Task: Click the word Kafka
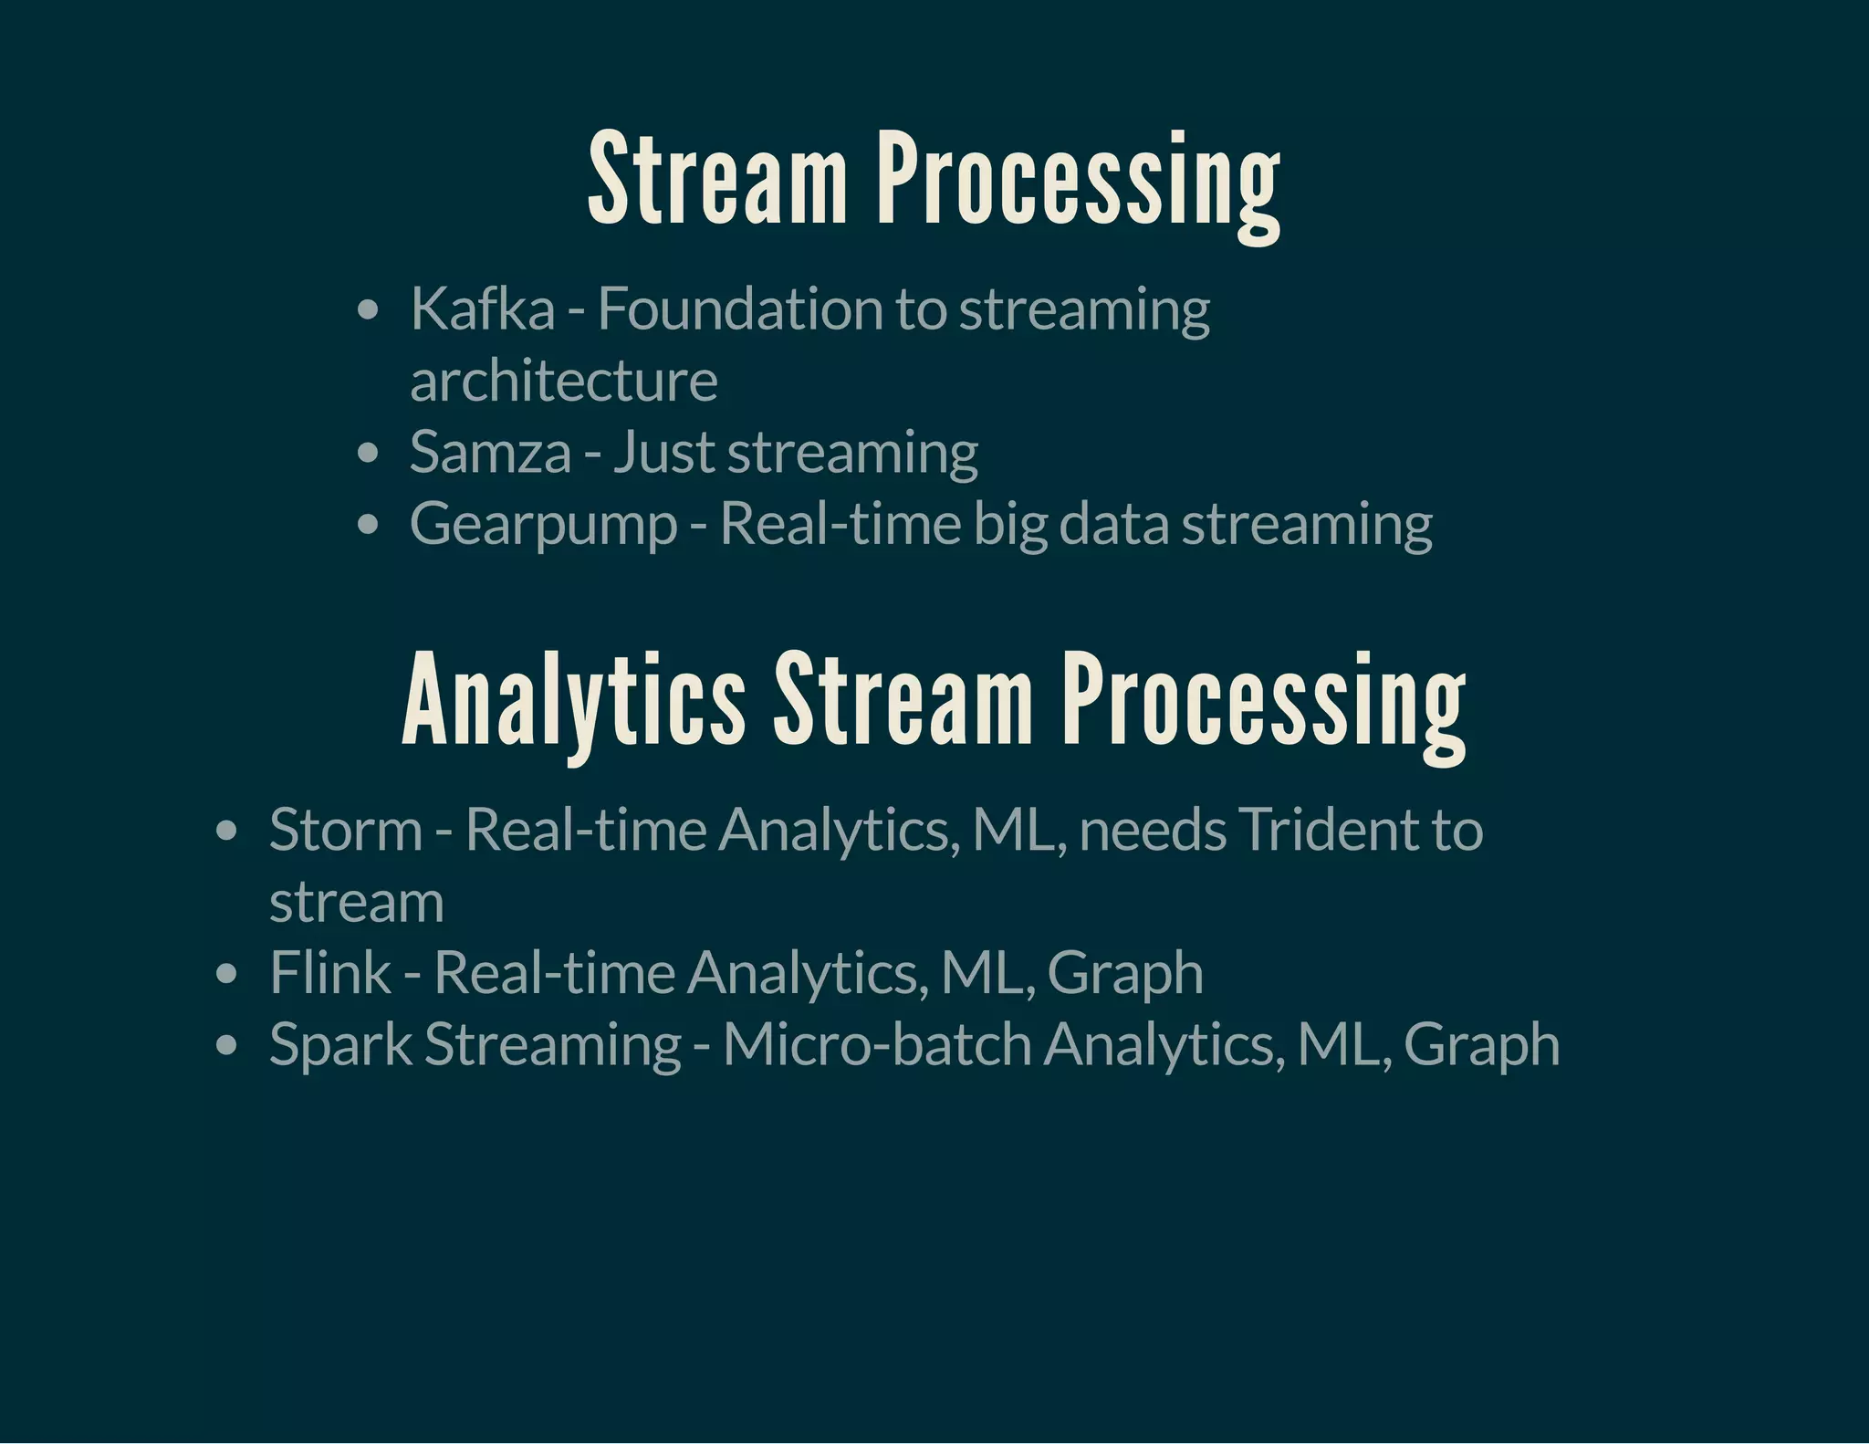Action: coord(482,309)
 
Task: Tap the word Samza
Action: coord(490,452)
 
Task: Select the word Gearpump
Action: coord(543,525)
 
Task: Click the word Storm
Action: coord(346,830)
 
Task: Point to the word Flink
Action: coord(329,973)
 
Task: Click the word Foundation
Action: coord(739,309)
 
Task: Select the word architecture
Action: coord(563,381)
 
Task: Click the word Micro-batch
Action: coord(877,1044)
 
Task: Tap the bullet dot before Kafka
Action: coord(368,310)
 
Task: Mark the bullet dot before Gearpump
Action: coord(368,526)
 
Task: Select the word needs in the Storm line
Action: coord(1153,830)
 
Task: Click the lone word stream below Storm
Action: coord(356,902)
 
